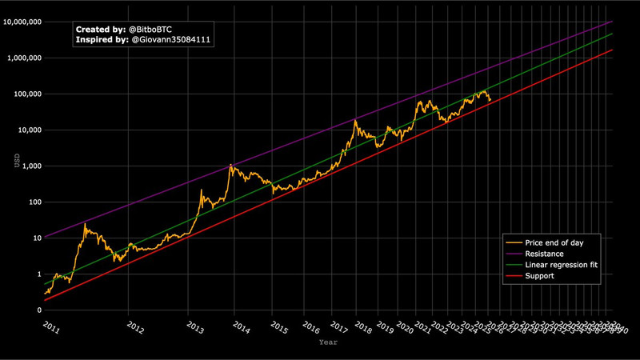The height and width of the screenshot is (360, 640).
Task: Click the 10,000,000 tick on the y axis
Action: pos(24,22)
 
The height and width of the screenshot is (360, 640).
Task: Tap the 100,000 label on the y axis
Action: pos(29,94)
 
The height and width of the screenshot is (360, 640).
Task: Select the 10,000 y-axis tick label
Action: pos(30,130)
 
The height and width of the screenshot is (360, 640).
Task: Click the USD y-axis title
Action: pos(17,161)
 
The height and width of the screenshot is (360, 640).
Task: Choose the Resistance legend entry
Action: pos(545,253)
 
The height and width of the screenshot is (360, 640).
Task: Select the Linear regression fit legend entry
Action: pos(562,264)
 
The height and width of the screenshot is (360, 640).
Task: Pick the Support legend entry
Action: pos(540,276)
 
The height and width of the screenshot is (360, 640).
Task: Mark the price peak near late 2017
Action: pos(354,120)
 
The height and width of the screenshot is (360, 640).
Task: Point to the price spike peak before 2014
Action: pos(230,165)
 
